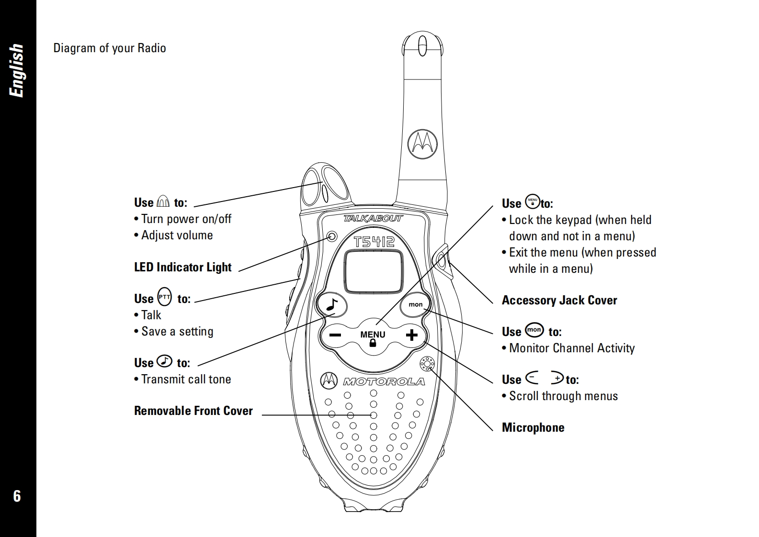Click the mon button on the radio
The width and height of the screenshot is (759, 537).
pyautogui.click(x=415, y=304)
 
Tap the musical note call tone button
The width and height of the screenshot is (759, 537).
pyautogui.click(x=332, y=304)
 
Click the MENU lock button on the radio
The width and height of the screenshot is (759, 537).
pyautogui.click(x=373, y=337)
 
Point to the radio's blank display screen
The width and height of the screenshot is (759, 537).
pyautogui.click(x=374, y=271)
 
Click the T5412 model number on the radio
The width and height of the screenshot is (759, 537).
pyautogui.click(x=374, y=241)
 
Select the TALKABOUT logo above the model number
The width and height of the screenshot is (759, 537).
pyautogui.click(x=373, y=219)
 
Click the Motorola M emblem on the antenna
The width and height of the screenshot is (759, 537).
pyautogui.click(x=423, y=142)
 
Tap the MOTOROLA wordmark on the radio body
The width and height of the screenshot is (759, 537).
pyautogui.click(x=384, y=381)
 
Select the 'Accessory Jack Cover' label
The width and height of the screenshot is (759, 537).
pyautogui.click(x=559, y=301)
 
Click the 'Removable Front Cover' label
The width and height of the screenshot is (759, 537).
pyautogui.click(x=193, y=411)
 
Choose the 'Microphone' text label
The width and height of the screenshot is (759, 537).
pyautogui.click(x=533, y=427)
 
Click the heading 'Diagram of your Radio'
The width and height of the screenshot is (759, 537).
pyautogui.click(x=110, y=48)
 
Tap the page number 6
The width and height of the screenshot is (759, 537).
pyautogui.click(x=17, y=496)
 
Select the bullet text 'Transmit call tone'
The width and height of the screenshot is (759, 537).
pyautogui.click(x=186, y=380)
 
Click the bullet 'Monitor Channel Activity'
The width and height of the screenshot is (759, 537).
pyautogui.click(x=572, y=348)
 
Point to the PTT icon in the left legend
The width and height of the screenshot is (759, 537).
pyautogui.click(x=164, y=297)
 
